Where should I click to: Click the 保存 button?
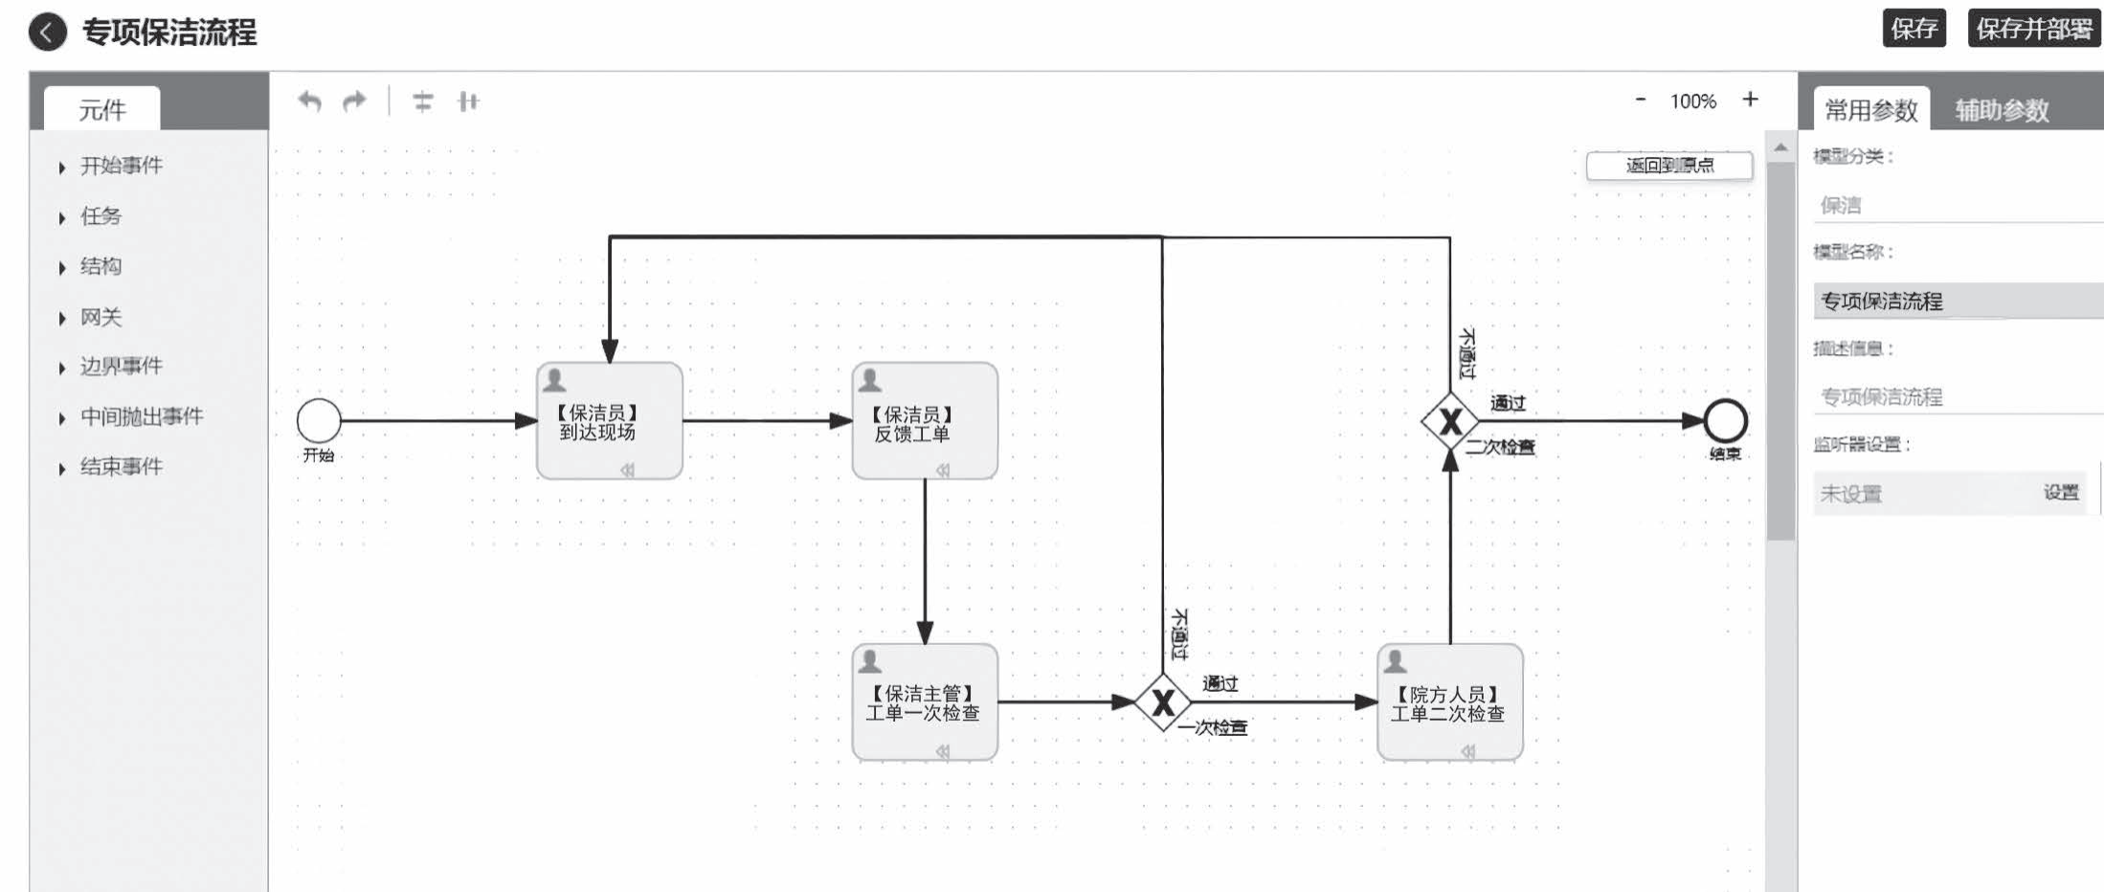[x=1913, y=29]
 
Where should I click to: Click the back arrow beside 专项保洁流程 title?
[x=48, y=32]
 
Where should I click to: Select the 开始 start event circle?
[x=319, y=420]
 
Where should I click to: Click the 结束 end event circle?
[x=1725, y=420]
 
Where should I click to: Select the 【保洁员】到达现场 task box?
[x=609, y=421]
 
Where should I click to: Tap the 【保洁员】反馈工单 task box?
[x=924, y=421]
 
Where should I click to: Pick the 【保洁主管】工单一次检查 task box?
[x=924, y=702]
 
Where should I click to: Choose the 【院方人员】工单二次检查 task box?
[x=1449, y=702]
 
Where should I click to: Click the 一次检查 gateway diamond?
[x=1162, y=702]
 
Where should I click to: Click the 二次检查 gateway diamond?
[x=1449, y=420]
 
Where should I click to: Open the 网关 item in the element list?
[x=101, y=317]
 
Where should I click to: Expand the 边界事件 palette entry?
[x=121, y=367]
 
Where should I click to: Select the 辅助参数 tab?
[x=2001, y=110]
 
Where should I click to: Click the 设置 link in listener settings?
[x=2060, y=493]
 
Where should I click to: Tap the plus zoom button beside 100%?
[x=1750, y=100]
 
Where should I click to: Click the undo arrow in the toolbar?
[x=309, y=100]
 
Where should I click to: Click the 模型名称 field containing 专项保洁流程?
[x=1953, y=301]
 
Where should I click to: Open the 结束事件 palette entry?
[x=121, y=467]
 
